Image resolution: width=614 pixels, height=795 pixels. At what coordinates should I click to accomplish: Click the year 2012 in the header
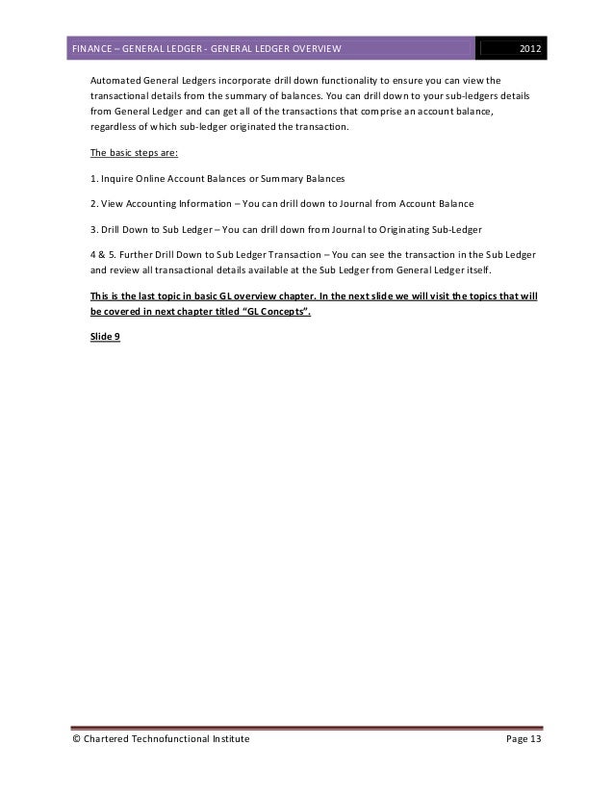point(531,48)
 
